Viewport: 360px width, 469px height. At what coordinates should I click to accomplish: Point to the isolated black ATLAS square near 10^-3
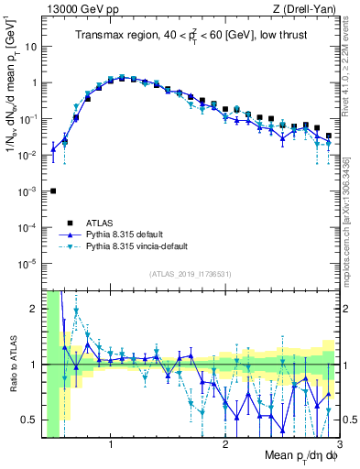pos(53,191)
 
